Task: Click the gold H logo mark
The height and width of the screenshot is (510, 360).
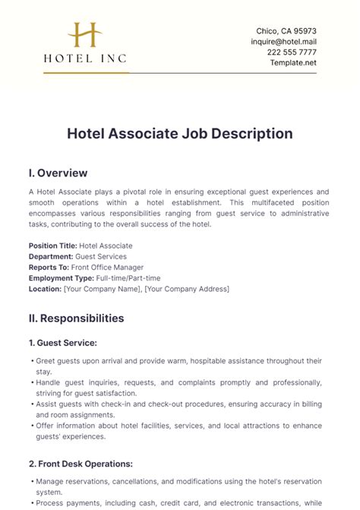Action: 85,36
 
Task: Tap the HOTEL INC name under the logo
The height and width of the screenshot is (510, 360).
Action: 85,58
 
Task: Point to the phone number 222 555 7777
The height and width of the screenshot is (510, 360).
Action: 292,52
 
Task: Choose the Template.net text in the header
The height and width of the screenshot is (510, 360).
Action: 292,62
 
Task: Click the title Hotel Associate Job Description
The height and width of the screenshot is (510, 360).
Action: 180,134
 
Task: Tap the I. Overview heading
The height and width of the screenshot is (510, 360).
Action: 58,173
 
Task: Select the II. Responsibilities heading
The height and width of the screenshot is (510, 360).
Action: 76,318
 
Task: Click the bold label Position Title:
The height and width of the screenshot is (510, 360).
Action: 52,245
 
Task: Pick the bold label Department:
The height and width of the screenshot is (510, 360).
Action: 51,257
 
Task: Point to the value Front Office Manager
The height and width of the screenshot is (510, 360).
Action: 107,268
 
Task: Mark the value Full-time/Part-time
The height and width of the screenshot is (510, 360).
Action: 128,278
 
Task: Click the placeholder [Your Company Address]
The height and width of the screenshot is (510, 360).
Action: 187,289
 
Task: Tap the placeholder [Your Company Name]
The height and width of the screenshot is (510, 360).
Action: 103,289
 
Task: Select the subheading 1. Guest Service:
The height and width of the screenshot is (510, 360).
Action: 63,343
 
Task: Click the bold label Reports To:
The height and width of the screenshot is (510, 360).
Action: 49,268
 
